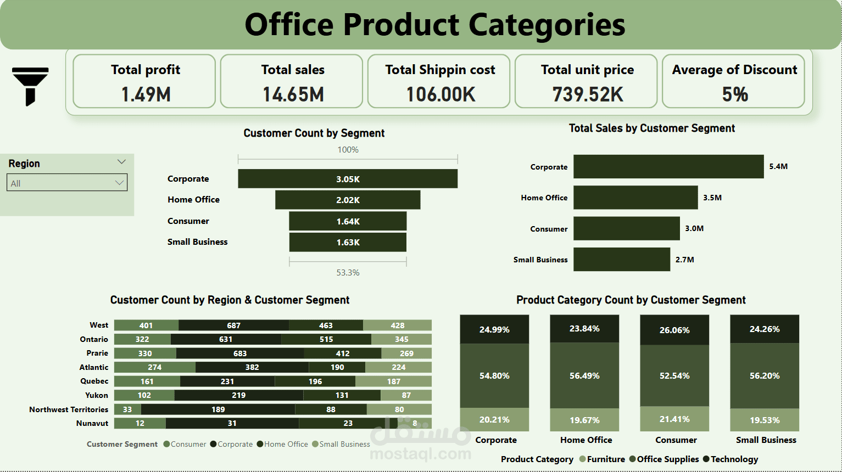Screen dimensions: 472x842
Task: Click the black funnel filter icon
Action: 30,85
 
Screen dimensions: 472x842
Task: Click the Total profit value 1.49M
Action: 146,94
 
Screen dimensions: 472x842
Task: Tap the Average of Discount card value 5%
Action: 735,94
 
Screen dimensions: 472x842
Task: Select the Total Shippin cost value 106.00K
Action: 440,94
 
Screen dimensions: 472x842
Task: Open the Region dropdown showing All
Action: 67,183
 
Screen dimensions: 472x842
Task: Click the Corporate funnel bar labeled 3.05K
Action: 348,179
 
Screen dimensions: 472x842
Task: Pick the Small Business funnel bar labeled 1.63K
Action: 348,242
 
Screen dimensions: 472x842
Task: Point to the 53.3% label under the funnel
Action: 348,272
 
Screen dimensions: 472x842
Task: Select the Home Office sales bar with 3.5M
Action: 635,198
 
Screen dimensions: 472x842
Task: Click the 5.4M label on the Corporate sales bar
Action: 778,166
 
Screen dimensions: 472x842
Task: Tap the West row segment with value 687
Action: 234,325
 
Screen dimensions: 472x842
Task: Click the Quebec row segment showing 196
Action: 315,381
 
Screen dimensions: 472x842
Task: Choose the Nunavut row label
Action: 92,423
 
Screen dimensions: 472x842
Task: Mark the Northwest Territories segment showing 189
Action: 218,409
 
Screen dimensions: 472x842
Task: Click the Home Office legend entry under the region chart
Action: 282,444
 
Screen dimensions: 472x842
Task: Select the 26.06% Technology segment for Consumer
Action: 674,330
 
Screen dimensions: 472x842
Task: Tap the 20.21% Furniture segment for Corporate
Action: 494,419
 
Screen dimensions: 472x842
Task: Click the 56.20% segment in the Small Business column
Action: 765,376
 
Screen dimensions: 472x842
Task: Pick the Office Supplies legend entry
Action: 664,459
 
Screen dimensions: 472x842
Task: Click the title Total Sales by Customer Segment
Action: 651,128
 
